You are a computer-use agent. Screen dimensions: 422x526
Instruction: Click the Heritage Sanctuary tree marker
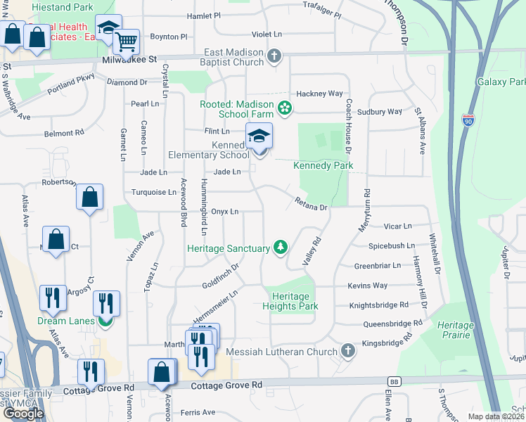281,247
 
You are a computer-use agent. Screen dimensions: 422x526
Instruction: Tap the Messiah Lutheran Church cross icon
347,350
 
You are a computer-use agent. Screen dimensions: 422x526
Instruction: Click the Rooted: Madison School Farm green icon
285,108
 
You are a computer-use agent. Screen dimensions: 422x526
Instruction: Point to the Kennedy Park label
323,165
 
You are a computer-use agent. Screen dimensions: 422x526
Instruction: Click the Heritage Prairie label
456,330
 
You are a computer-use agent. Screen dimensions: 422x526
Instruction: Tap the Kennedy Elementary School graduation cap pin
259,136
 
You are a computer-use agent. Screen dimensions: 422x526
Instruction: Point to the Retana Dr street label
310,205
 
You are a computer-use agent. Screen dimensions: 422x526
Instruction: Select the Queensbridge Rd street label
392,324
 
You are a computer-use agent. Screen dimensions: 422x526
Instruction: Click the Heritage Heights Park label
290,301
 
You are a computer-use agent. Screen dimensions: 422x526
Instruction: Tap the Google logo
23,413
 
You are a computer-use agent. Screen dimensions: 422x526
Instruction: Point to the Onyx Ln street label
225,211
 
